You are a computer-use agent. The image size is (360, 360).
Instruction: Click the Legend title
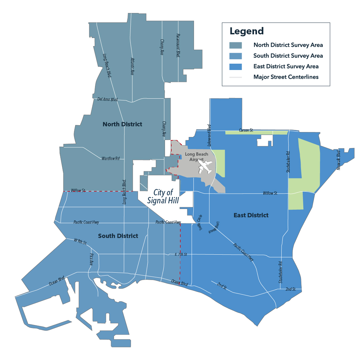pyautogui.click(x=247, y=31)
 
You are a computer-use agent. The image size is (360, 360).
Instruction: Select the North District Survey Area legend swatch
pyautogui.click(x=235, y=45)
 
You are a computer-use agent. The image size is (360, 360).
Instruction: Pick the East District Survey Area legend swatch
pyautogui.click(x=235, y=66)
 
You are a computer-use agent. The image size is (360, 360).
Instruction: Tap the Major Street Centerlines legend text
pyautogui.click(x=286, y=77)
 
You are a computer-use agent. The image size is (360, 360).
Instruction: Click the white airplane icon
pyautogui.click(x=206, y=167)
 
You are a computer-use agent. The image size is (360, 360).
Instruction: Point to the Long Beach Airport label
pyautogui.click(x=196, y=157)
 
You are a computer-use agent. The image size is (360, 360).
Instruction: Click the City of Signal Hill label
pyautogui.click(x=163, y=196)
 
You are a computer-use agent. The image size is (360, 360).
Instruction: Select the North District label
pyautogui.click(x=122, y=124)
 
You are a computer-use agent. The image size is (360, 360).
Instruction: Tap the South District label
pyautogui.click(x=118, y=236)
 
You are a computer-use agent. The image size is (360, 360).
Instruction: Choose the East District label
pyautogui.click(x=251, y=215)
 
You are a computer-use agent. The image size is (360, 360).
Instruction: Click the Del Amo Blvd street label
pyautogui.click(x=108, y=99)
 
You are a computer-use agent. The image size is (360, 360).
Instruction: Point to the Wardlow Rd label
pyautogui.click(x=110, y=158)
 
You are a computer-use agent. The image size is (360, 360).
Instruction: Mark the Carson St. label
pyautogui.click(x=246, y=130)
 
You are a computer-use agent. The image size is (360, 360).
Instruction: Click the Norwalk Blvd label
pyautogui.click(x=339, y=160)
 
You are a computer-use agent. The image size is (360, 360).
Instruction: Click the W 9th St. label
pyautogui.click(x=80, y=241)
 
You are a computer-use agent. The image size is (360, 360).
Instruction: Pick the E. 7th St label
pyautogui.click(x=181, y=254)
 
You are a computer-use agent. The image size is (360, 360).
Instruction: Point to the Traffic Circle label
pyautogui.click(x=200, y=223)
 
